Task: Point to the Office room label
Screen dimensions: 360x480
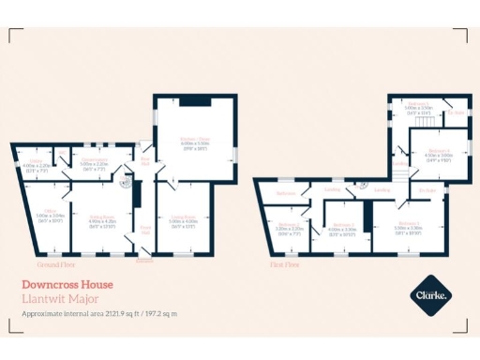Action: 50,212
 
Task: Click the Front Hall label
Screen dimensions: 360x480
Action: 145,228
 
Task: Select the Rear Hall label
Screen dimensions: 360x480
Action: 145,161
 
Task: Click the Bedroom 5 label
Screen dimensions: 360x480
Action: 419,105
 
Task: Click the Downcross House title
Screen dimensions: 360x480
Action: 67,284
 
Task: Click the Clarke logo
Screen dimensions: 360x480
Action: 432,295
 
